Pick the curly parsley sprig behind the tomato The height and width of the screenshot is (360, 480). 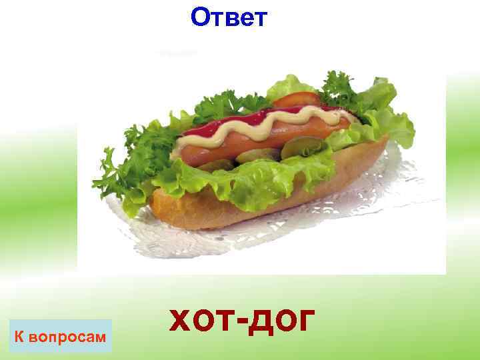coord(337,87)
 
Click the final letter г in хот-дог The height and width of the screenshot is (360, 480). coord(302,322)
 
